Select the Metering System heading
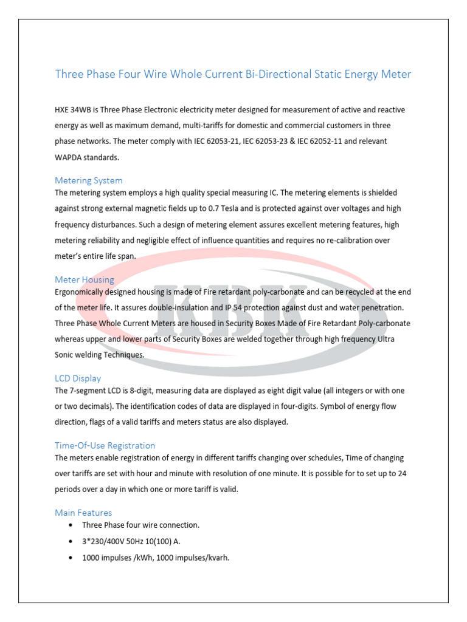point(88,180)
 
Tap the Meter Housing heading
point(84,279)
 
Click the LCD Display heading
point(78,378)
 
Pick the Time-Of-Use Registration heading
point(105,445)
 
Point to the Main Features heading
point(83,513)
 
